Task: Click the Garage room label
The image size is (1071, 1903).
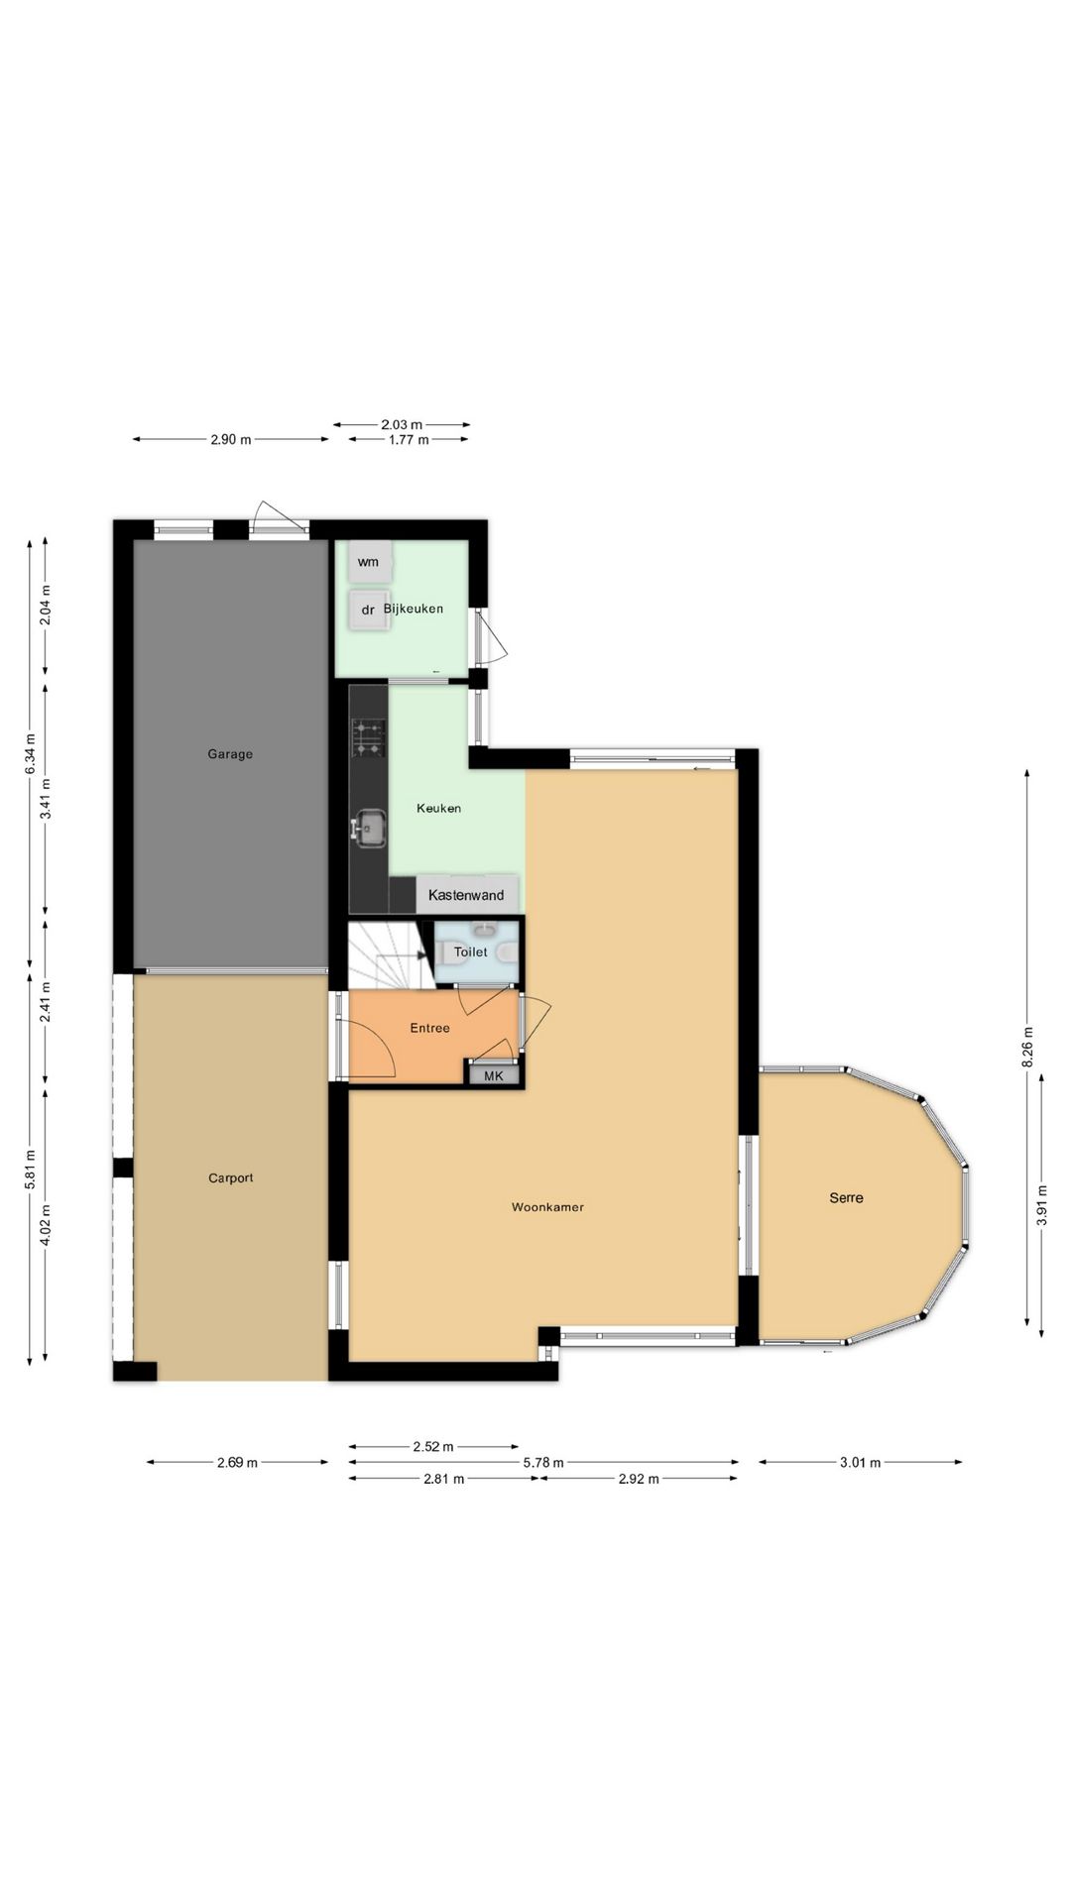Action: [x=230, y=754]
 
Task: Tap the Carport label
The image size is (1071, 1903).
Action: [x=231, y=1178]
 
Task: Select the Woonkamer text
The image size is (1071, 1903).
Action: [x=547, y=1207]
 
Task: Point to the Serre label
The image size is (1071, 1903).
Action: [x=846, y=1197]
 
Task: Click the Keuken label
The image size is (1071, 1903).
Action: [x=438, y=808]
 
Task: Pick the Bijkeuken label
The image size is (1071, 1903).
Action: [x=414, y=609]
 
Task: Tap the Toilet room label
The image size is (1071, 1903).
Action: [x=471, y=951]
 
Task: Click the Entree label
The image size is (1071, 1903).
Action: [x=430, y=1028]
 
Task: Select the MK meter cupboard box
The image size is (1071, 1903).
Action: [x=494, y=1075]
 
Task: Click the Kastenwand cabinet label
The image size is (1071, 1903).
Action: [x=466, y=895]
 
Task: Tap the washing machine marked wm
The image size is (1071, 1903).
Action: [x=369, y=562]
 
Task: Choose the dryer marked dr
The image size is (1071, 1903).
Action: [x=369, y=610]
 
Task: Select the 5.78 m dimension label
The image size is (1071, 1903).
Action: [x=543, y=1462]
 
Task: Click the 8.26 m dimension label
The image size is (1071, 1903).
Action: [x=1027, y=1047]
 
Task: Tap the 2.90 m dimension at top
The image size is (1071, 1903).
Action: [x=231, y=439]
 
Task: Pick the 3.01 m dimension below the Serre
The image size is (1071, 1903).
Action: [x=861, y=1462]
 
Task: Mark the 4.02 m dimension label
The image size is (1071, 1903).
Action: [x=46, y=1223]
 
